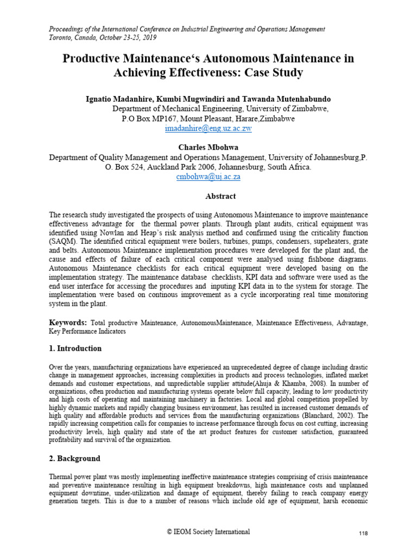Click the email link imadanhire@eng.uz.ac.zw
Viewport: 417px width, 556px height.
point(208,129)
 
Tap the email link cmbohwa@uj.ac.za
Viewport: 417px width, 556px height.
point(208,177)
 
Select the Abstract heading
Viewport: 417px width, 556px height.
point(208,196)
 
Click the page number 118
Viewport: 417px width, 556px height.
point(363,534)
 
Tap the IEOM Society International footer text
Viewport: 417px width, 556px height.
point(208,532)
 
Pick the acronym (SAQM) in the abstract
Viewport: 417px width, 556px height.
point(65,244)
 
